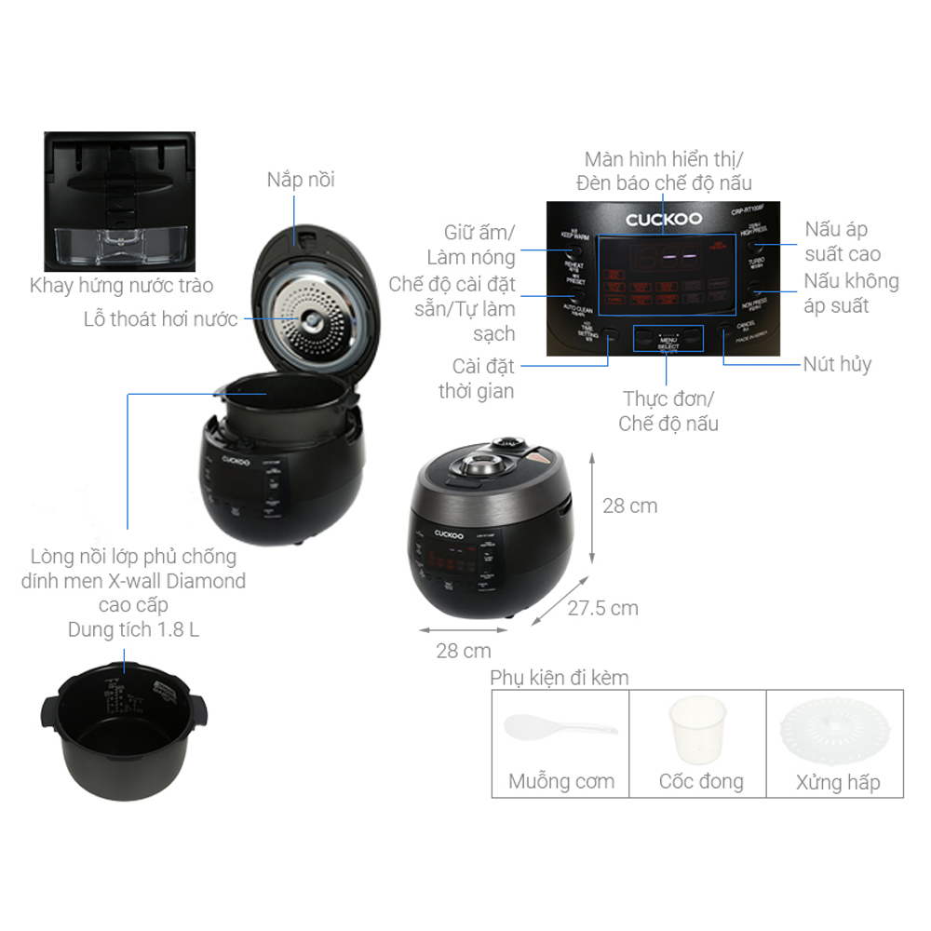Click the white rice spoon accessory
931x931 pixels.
(558, 727)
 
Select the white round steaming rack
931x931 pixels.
(834, 732)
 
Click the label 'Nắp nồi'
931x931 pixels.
(301, 180)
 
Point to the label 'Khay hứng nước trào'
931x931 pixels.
(121, 286)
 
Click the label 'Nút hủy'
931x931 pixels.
(837, 364)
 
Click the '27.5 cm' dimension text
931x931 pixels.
(603, 608)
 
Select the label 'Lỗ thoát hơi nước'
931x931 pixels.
(160, 320)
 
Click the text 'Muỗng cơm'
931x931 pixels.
(560, 781)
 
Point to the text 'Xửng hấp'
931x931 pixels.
(837, 782)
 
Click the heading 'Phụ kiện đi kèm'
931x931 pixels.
(560, 678)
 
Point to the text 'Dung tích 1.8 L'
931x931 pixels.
(133, 629)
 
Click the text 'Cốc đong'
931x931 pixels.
(701, 781)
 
